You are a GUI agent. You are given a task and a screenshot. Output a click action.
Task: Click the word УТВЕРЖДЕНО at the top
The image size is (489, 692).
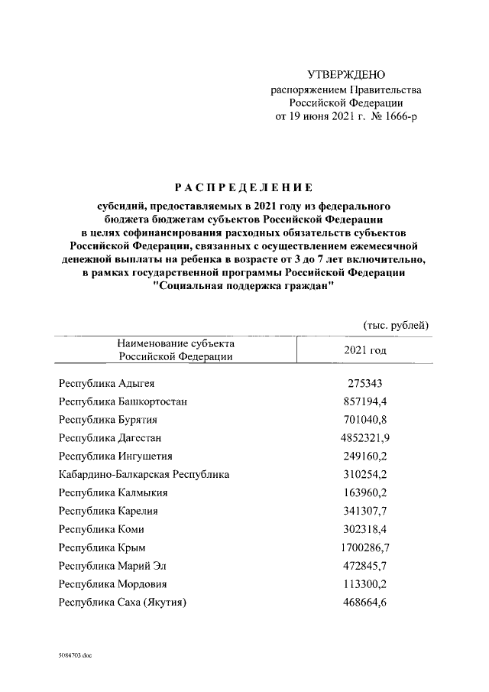(x=346, y=75)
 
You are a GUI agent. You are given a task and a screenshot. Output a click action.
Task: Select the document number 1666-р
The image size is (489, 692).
(x=400, y=118)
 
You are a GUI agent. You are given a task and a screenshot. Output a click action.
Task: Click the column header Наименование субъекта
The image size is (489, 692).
(x=175, y=344)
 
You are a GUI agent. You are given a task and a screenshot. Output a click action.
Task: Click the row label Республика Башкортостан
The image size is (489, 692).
(x=123, y=401)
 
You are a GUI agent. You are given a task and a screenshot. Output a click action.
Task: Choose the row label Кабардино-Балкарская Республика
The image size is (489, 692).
(x=144, y=475)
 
